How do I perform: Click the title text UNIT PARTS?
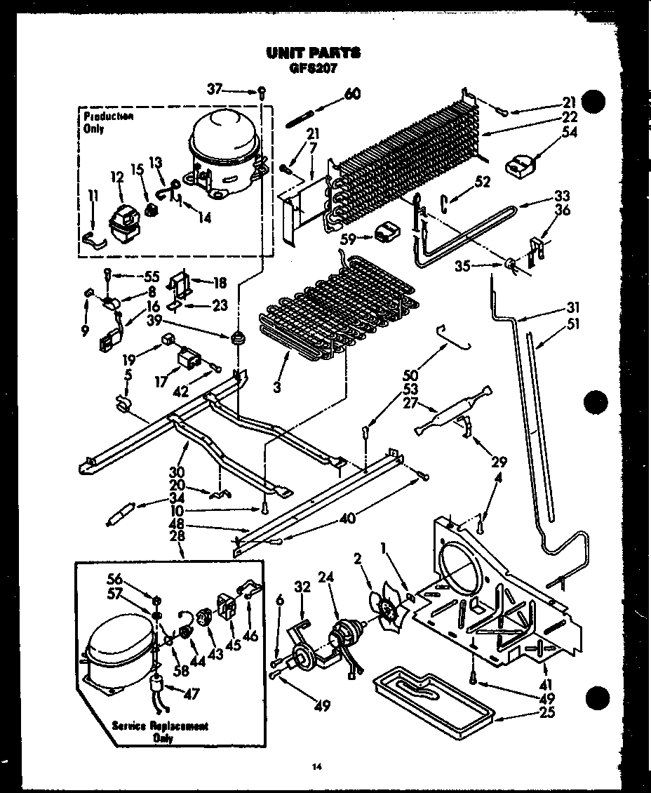314,52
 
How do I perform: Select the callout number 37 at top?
215,88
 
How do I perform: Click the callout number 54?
569,131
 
